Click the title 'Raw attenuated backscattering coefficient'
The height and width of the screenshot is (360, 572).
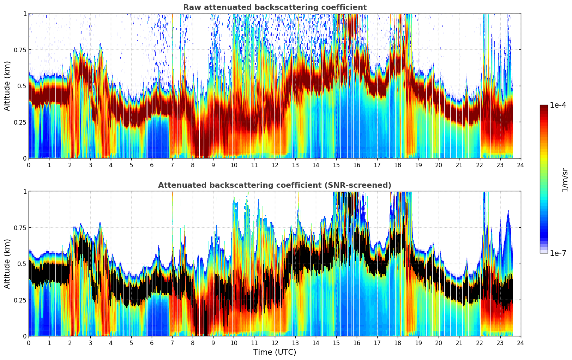click(275, 7)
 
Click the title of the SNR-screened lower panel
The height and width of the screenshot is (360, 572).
click(275, 185)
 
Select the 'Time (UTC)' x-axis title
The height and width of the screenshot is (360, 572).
click(275, 352)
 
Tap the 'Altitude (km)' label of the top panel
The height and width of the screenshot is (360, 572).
click(7, 86)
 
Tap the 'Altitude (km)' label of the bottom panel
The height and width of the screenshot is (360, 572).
click(7, 264)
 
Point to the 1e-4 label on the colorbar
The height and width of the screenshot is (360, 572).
click(558, 105)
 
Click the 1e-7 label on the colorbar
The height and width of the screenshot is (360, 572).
click(558, 253)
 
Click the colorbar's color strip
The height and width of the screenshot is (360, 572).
click(544, 179)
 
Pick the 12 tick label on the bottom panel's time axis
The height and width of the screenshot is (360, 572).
click(275, 343)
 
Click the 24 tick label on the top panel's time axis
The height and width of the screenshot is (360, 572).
click(520, 165)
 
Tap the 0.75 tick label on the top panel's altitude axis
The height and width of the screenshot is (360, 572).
click(20, 50)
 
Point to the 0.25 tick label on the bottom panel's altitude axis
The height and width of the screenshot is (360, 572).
click(20, 300)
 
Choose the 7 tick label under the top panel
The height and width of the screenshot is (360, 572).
click(172, 165)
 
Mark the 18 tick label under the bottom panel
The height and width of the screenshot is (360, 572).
click(398, 343)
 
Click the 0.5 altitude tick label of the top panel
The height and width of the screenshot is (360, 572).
click(22, 86)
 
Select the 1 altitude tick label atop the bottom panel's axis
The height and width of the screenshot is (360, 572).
click(25, 191)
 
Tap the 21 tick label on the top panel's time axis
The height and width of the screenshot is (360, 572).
click(459, 165)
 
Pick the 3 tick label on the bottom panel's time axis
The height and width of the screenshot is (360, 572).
click(90, 343)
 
